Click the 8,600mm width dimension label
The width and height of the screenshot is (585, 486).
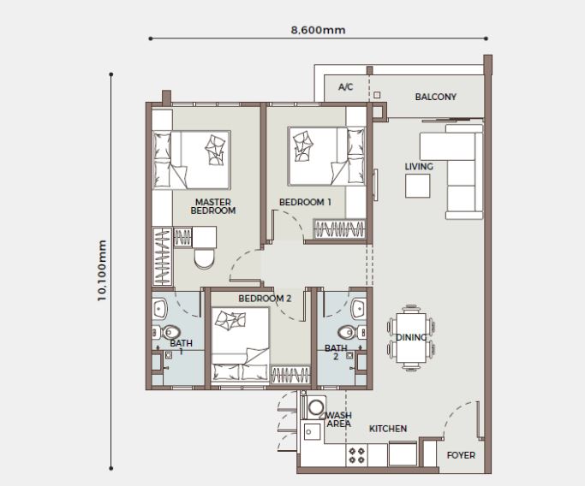[318, 30]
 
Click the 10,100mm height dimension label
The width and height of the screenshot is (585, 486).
[103, 270]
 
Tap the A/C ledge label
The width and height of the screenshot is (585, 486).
[346, 87]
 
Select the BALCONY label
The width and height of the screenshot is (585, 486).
[435, 98]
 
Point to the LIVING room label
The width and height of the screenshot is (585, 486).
[419, 167]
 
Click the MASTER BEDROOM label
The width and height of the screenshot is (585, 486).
[212, 206]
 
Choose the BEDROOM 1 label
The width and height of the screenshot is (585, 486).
[305, 203]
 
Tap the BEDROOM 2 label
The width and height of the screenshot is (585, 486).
[265, 299]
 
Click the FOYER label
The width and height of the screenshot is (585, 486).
[461, 455]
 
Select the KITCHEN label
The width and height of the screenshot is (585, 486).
[388, 429]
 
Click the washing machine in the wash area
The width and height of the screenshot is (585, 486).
[315, 408]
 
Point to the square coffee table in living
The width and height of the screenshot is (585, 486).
[419, 187]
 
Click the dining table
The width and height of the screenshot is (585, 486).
[411, 337]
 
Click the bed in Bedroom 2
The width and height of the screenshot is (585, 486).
[240, 347]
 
